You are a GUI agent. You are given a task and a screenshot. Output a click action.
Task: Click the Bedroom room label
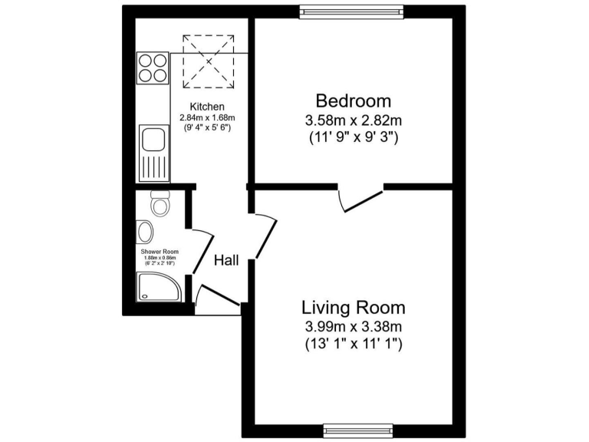coord(354,101)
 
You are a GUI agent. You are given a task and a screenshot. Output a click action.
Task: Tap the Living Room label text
coord(354,308)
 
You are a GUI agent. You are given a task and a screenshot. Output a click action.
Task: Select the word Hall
coord(226,260)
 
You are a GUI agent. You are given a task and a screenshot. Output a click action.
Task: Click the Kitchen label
coord(207,107)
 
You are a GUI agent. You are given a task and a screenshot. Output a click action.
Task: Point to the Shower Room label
coord(160,252)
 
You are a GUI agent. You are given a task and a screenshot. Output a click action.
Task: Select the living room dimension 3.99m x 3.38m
coord(354,328)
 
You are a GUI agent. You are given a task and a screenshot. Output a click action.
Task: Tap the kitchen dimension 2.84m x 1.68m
coord(207,117)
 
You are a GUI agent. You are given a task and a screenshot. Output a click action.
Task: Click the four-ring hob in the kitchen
coord(153,68)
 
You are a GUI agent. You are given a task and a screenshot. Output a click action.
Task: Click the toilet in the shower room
coord(160,203)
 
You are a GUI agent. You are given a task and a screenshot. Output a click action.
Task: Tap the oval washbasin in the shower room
coord(145,232)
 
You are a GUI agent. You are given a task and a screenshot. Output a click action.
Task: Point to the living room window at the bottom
coord(358,428)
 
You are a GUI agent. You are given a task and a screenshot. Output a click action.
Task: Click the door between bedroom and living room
coord(360,198)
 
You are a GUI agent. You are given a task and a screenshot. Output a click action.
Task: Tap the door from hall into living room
coord(265,234)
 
